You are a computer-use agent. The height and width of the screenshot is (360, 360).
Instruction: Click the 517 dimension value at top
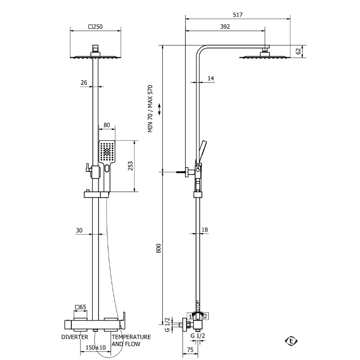[237, 15]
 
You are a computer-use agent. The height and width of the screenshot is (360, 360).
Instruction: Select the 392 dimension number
[225, 27]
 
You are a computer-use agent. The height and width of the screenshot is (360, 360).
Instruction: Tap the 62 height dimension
[298, 51]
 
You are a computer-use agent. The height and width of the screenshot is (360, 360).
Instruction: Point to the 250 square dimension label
[96, 27]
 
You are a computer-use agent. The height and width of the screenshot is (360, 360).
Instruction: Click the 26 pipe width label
[84, 82]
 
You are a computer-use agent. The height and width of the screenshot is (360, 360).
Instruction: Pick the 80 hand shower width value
[107, 125]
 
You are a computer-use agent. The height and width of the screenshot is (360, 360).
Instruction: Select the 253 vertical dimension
[130, 166]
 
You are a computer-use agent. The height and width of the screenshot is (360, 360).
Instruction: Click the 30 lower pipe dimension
[79, 230]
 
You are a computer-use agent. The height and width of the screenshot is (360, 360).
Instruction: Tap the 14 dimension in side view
[211, 79]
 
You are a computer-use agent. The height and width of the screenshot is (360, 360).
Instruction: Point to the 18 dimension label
[204, 230]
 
